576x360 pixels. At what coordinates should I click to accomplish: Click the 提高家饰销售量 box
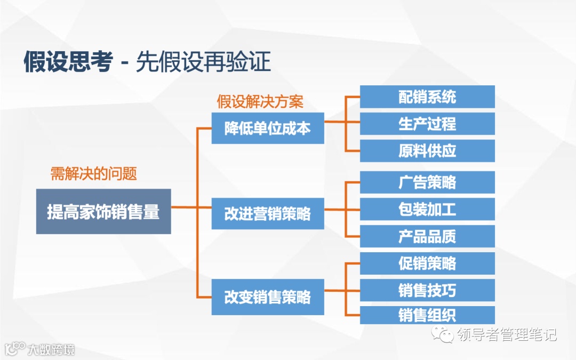(103, 211)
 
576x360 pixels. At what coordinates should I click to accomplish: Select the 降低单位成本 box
(268, 128)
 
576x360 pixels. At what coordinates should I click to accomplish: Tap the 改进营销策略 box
(268, 213)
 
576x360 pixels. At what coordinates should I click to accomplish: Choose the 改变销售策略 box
(268, 297)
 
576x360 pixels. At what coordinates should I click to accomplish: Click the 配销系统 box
(427, 97)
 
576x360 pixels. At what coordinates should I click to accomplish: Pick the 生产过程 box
(427, 124)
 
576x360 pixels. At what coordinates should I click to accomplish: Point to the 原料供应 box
(427, 151)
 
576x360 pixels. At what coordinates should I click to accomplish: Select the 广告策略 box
(427, 182)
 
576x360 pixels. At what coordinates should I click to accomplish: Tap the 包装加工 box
(427, 209)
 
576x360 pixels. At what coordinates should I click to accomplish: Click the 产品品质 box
(427, 236)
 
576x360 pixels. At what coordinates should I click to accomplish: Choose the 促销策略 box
(427, 263)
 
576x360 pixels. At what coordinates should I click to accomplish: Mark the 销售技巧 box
(427, 290)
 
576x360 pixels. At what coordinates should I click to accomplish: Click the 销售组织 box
(427, 315)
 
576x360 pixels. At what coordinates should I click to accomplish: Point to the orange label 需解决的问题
(94, 173)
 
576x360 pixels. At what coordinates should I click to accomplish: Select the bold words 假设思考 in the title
(68, 62)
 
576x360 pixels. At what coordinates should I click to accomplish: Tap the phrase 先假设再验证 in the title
(203, 62)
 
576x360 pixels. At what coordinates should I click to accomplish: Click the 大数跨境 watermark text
(51, 350)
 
